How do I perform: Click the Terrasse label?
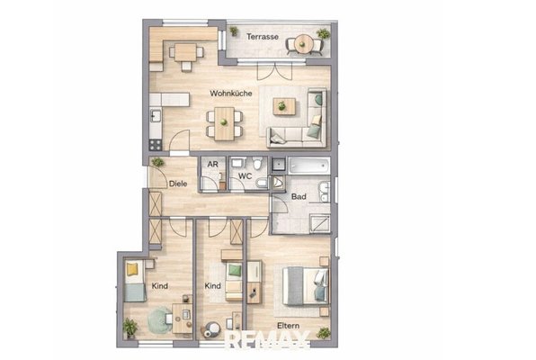[x=263, y=37]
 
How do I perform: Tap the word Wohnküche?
[x=231, y=93]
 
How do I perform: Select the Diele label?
[x=178, y=184]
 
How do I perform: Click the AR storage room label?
[x=212, y=165]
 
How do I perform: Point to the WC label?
[x=246, y=176]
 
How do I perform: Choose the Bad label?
[x=299, y=197]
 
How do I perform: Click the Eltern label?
[x=288, y=326]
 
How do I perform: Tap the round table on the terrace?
[x=304, y=44]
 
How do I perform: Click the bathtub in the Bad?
[x=309, y=166]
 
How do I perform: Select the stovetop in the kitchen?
[x=156, y=145]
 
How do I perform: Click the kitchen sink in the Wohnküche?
[x=156, y=116]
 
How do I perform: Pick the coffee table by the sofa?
[x=284, y=106]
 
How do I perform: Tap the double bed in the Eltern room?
[x=306, y=286]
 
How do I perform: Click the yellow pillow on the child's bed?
[x=131, y=269]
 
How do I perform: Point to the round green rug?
[x=160, y=320]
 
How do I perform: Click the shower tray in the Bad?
[x=320, y=223]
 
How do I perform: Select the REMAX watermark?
[x=268, y=340]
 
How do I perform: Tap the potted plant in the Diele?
[x=157, y=162]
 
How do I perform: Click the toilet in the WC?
[x=257, y=164]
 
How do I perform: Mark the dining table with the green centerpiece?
[x=224, y=123]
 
